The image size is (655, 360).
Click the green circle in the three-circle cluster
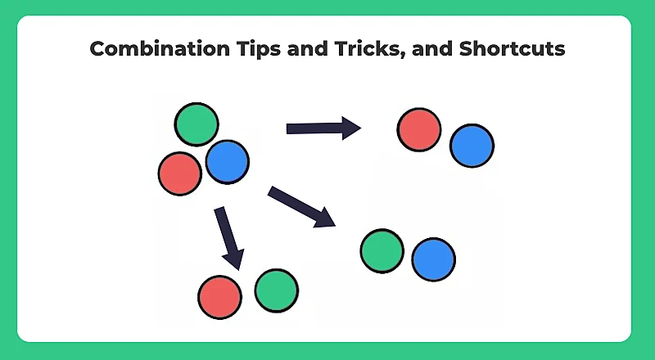pos(196,124)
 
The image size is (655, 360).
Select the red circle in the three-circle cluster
pos(180,173)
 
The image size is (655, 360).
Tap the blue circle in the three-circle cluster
pos(227,161)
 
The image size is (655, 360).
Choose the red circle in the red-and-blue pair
pos(419,129)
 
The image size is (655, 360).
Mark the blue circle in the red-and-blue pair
pos(472,146)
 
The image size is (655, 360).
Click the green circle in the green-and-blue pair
pos(382,250)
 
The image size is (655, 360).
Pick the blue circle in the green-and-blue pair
pos(433,259)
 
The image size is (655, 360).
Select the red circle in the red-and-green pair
pos(219,296)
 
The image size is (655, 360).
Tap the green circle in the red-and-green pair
pos(276,290)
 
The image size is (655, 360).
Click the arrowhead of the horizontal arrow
pos(352,128)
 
